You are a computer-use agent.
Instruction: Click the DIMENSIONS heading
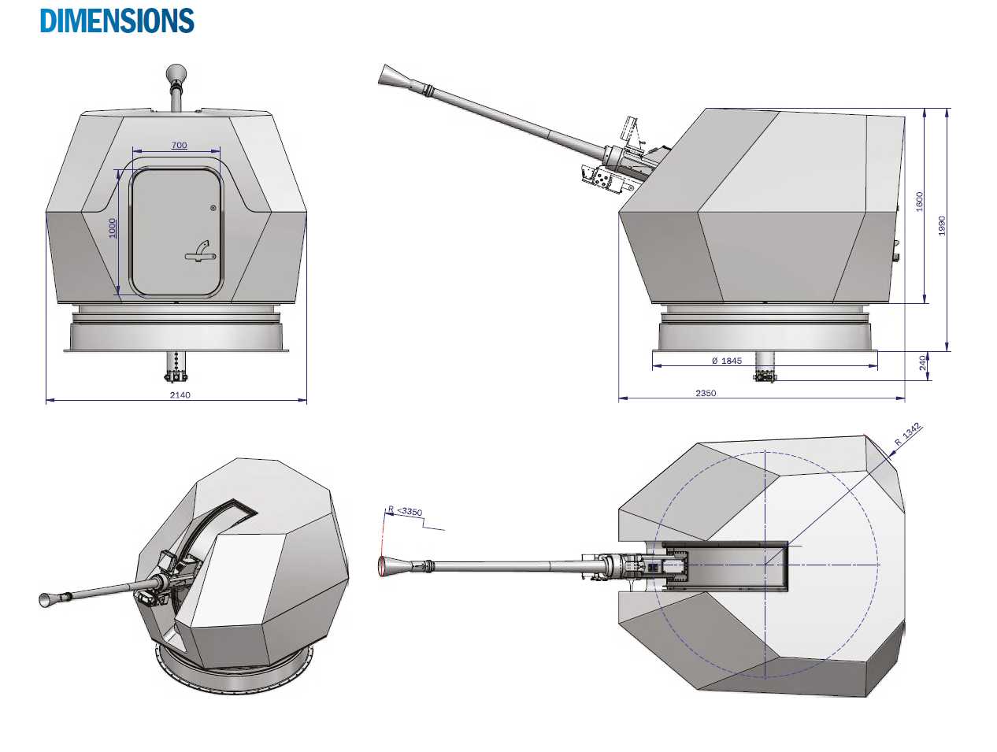click(117, 20)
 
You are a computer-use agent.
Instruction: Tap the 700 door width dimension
click(179, 145)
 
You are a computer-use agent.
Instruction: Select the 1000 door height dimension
click(113, 229)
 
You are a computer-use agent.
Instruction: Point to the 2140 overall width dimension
click(180, 395)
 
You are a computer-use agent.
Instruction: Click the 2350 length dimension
click(706, 393)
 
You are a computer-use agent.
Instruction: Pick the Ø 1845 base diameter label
click(725, 361)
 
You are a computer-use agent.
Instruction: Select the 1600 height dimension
click(919, 202)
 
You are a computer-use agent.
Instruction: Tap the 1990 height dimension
click(941, 225)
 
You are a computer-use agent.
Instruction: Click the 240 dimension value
click(922, 363)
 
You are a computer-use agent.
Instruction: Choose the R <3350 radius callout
click(406, 511)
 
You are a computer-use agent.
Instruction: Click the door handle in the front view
click(199, 251)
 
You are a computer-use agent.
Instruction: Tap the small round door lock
click(213, 208)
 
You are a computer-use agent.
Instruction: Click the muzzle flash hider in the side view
click(391, 76)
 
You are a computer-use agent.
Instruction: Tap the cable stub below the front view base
click(176, 366)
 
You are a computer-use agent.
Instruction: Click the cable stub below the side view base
click(764, 368)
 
